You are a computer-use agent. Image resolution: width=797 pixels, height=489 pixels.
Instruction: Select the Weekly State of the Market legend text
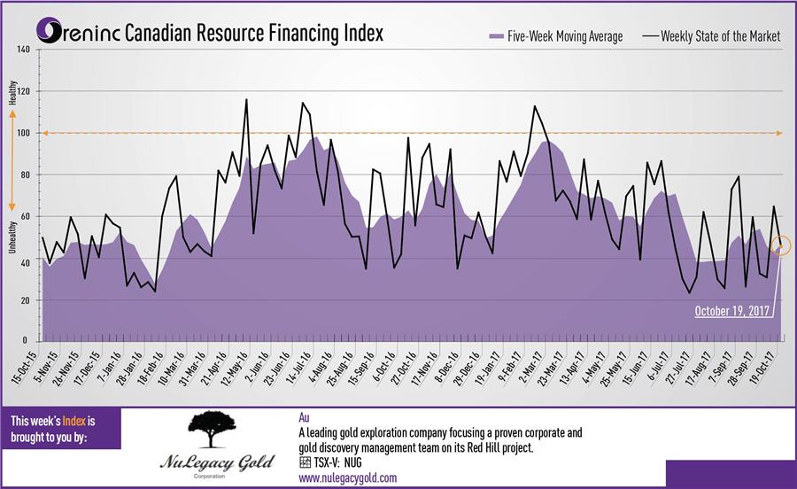click(x=719, y=36)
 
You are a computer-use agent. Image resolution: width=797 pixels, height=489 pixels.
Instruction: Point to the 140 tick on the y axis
click(x=24, y=50)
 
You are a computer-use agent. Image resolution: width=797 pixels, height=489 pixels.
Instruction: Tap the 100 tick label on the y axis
click(x=24, y=133)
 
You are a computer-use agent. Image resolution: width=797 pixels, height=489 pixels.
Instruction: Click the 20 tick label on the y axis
click(x=26, y=300)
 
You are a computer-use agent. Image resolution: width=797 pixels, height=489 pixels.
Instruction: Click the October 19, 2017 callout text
click(x=731, y=311)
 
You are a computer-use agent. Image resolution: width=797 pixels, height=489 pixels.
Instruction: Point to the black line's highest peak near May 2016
click(x=245, y=99)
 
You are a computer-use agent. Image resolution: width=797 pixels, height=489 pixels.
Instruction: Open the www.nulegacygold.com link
click(x=347, y=477)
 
